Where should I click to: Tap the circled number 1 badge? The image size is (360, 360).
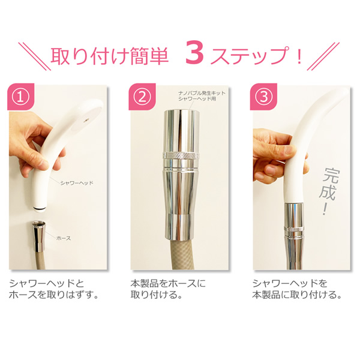(x=21, y=97)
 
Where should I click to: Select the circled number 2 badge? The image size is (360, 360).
(x=142, y=97)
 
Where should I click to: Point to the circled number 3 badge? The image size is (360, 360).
(x=263, y=97)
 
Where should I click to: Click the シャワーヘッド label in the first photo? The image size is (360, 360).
(x=77, y=183)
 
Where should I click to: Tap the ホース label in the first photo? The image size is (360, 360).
(x=64, y=238)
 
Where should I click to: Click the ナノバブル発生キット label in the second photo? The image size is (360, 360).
(x=202, y=93)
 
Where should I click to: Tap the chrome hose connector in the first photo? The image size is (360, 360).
(x=38, y=236)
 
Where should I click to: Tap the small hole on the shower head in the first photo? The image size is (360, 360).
(x=86, y=121)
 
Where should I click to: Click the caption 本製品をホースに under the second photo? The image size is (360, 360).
(x=168, y=284)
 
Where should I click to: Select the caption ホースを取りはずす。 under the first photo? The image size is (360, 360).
(x=54, y=295)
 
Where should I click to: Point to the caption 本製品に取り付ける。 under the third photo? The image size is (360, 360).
(x=297, y=295)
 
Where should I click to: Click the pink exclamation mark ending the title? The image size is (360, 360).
(x=299, y=55)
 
